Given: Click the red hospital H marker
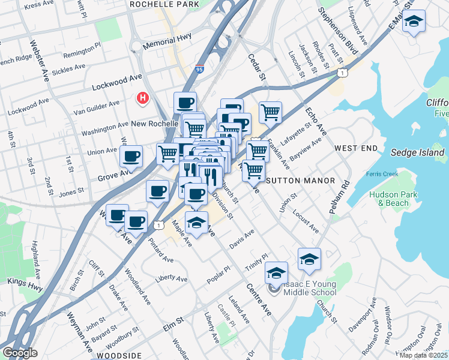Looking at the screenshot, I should pyautogui.click(x=143, y=97).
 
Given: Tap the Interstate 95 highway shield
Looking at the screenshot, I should pyautogui.click(x=199, y=70).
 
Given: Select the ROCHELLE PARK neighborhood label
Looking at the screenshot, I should pyautogui.click(x=164, y=4).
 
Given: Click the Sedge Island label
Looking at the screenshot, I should pyautogui.click(x=417, y=152).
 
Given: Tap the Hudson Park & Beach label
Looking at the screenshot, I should pyautogui.click(x=388, y=199).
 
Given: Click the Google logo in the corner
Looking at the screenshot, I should pyautogui.click(x=19, y=353).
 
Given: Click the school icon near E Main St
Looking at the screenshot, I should pyautogui.click(x=414, y=22).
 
